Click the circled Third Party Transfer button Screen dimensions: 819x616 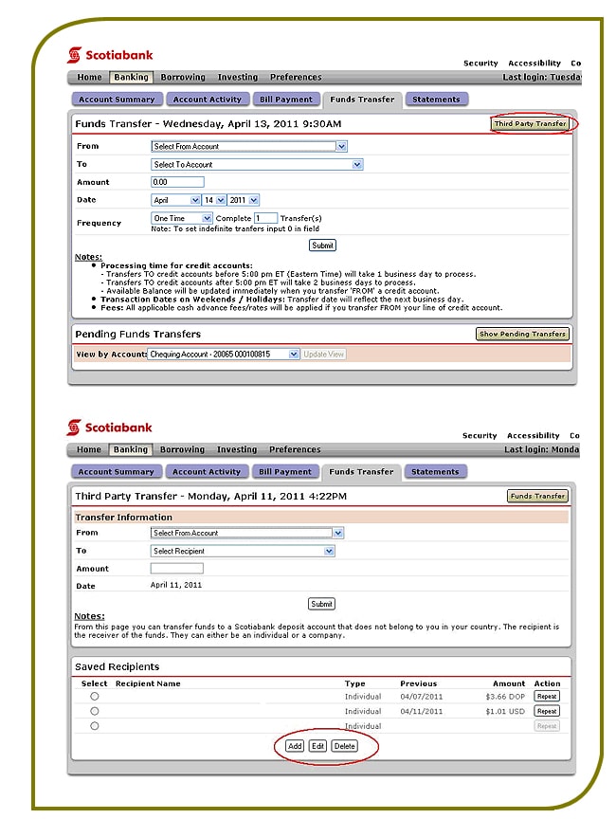tap(530, 124)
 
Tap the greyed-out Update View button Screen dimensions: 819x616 tap(324, 354)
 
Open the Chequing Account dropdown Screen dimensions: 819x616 tap(225, 354)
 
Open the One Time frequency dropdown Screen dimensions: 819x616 tap(182, 218)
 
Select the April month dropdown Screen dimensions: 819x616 tap(176, 200)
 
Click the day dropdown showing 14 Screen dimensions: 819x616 tap(214, 200)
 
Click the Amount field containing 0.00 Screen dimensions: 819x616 tap(177, 182)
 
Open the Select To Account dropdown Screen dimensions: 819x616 tap(257, 164)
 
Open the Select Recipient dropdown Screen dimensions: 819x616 tap(243, 551)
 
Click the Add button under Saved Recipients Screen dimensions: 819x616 tap(295, 746)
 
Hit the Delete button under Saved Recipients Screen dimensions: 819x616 tap(344, 746)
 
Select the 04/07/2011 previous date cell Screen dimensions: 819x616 tap(418, 697)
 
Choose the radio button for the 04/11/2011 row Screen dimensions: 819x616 tap(95, 711)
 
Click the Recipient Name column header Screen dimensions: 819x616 tap(148, 683)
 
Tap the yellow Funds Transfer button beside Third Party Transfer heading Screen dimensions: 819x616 tap(537, 496)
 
